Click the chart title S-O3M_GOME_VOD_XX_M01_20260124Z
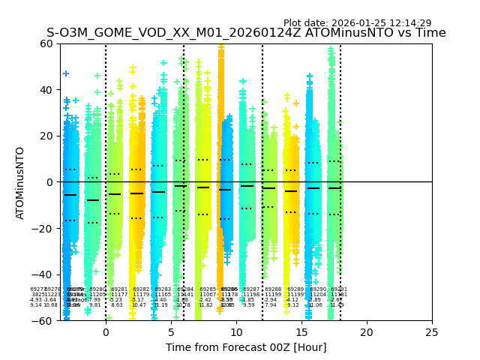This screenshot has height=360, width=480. pos(246,33)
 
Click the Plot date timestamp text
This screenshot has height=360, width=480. pos(357,23)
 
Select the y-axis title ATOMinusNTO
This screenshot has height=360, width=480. pos(21,182)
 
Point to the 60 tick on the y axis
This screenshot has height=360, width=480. pos(48,43)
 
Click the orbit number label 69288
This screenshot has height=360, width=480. pos(273,289)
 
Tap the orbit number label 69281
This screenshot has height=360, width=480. pos(119,289)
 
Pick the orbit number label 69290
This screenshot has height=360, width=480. pos(317,289)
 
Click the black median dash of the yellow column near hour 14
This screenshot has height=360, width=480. pos(291,191)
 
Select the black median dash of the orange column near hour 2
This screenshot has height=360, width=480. pos(136,193)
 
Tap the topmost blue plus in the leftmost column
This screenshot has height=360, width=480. pos(66,73)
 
